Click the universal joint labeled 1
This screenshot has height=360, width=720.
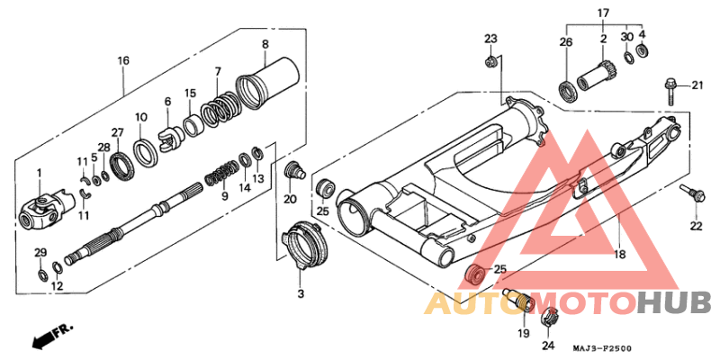coord(46,209)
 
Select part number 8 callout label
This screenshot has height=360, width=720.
coord(265,44)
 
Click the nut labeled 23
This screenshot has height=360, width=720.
coord(490,61)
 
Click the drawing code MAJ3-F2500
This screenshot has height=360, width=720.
coord(601,348)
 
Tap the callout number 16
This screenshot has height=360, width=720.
coord(123,60)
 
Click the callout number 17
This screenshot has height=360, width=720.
coord(603,13)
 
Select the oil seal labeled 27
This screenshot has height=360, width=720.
coord(124,167)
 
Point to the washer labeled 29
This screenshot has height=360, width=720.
coord(42,275)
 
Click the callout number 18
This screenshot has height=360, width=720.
coord(620,254)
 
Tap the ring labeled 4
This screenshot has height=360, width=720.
coord(642,50)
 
